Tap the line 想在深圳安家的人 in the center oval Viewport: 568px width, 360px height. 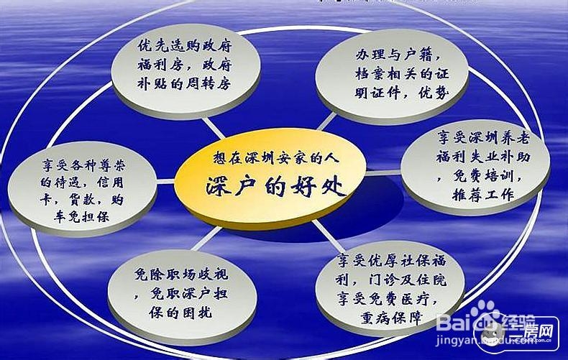[x=275, y=158]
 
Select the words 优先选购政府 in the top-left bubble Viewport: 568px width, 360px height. [x=184, y=46]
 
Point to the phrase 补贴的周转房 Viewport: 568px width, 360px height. [x=184, y=84]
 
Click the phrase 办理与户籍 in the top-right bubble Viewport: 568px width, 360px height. [x=394, y=55]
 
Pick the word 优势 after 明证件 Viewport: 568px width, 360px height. [x=434, y=93]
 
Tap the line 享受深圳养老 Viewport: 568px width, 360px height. [x=483, y=138]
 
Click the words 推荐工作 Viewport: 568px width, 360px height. [x=483, y=195]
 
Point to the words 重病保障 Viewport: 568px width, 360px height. [x=391, y=318]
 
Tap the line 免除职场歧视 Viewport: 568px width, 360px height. [x=181, y=274]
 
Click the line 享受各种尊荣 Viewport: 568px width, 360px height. [x=83, y=165]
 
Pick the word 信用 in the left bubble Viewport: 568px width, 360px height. [x=110, y=183]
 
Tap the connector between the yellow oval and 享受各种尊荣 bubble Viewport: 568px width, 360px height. [x=165, y=181]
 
